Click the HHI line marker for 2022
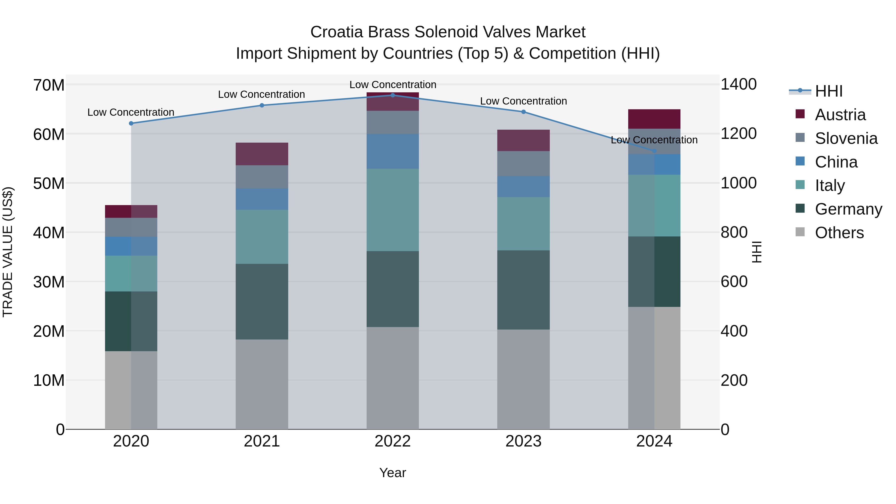pyautogui.click(x=393, y=95)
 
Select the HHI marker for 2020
pyautogui.click(x=131, y=123)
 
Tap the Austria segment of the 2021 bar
pyautogui.click(x=262, y=154)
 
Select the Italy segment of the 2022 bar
pyautogui.click(x=393, y=210)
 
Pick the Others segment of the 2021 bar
pyautogui.click(x=262, y=384)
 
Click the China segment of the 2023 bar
pyautogui.click(x=523, y=186)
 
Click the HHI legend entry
pyautogui.click(x=829, y=91)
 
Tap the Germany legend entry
pyautogui.click(x=848, y=209)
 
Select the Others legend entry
pyautogui.click(x=839, y=233)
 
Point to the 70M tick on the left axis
pyautogui.click(x=49, y=85)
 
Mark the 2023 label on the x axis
pyautogui.click(x=523, y=441)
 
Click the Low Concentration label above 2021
pyautogui.click(x=262, y=94)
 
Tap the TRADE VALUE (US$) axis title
pyautogui.click(x=8, y=252)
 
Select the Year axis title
pyautogui.click(x=393, y=473)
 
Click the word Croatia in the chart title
pyautogui.click(x=337, y=32)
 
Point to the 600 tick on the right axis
pyautogui.click(x=734, y=281)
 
